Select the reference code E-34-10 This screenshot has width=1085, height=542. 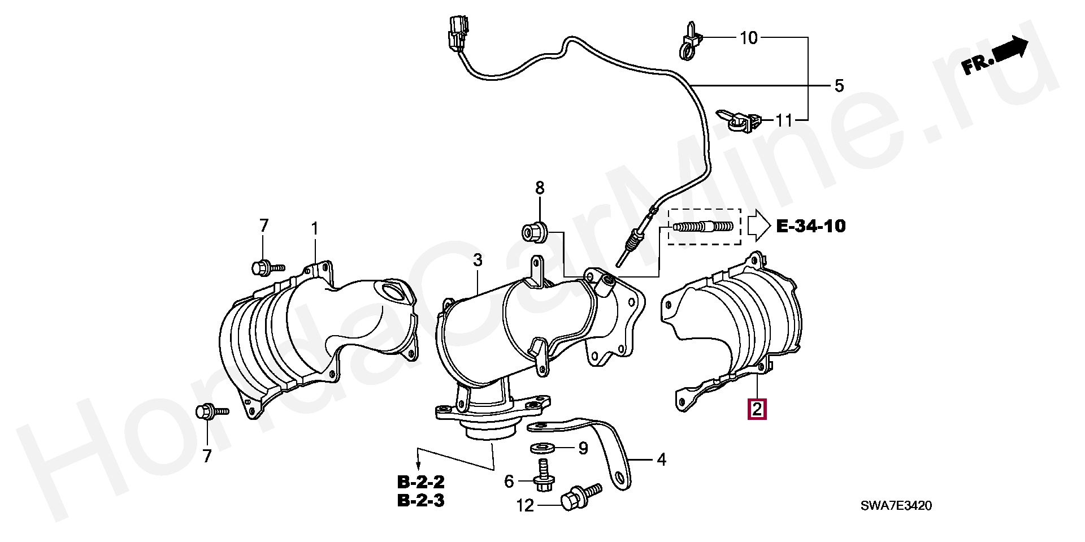[x=811, y=226]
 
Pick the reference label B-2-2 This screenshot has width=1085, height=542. [x=421, y=482]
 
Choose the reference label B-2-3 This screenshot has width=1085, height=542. [x=421, y=500]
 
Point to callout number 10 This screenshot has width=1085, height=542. [x=748, y=38]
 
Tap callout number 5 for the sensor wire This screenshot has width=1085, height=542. [x=839, y=86]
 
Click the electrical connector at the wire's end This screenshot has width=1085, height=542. [x=457, y=33]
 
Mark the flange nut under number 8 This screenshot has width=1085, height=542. [x=532, y=232]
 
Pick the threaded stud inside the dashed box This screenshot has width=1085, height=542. [x=704, y=227]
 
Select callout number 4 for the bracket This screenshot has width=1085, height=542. [x=661, y=459]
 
